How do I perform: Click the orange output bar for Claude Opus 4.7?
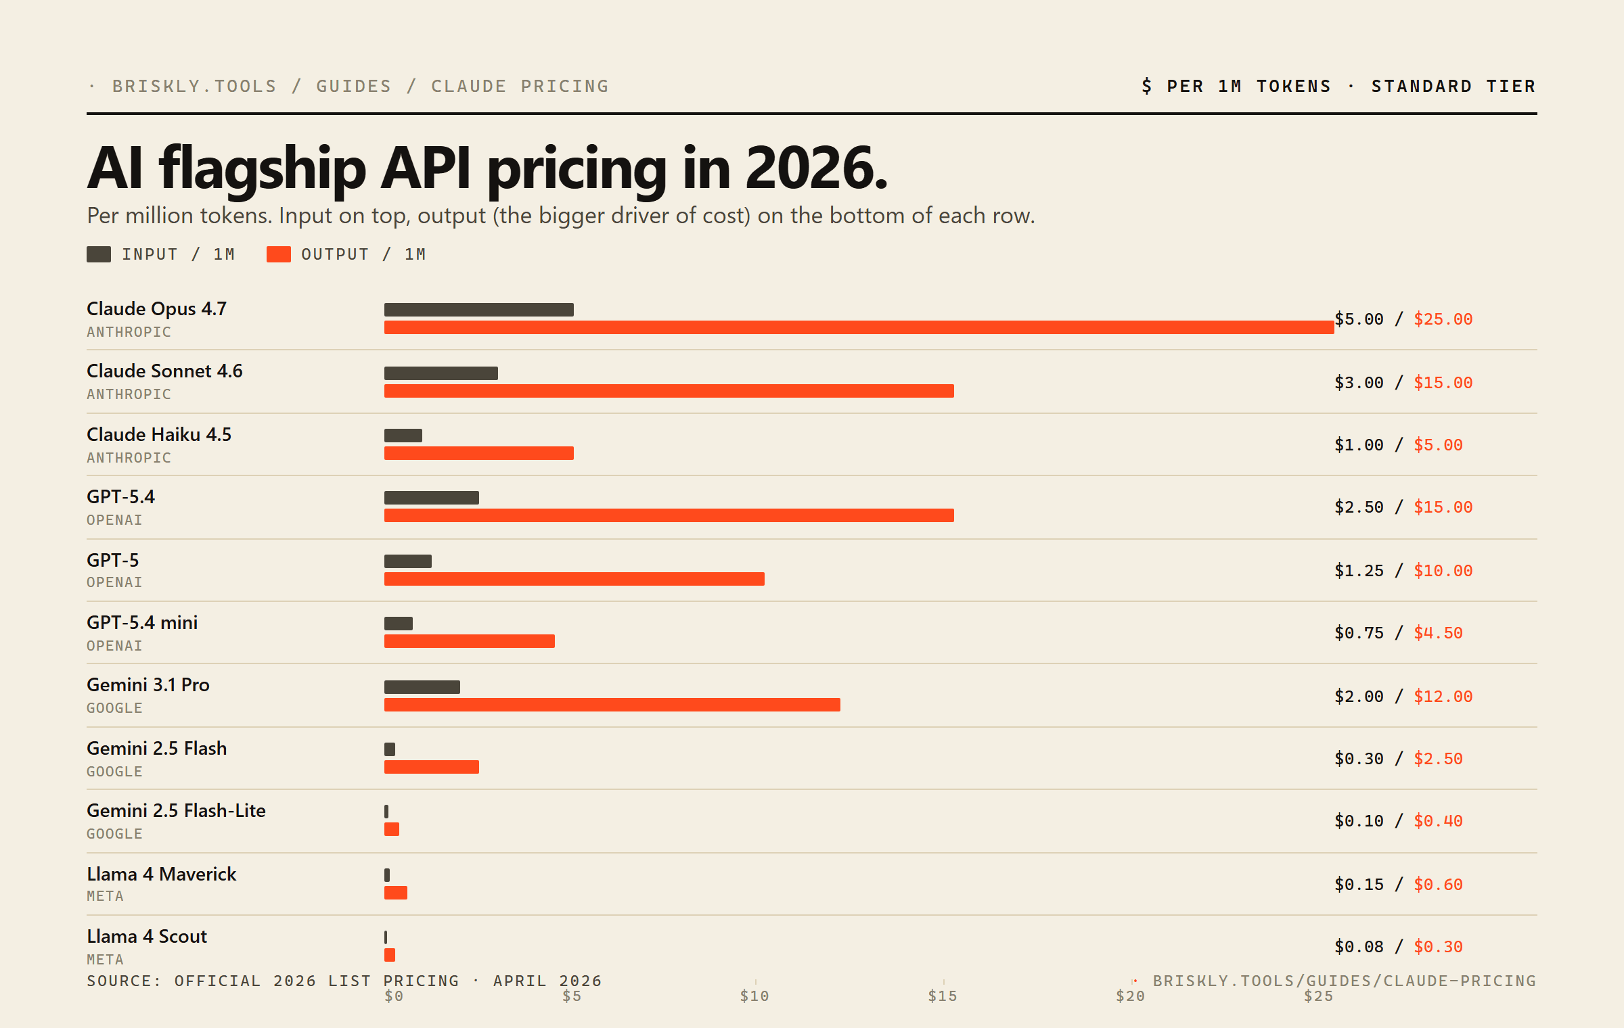859,327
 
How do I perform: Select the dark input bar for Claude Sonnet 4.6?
441,373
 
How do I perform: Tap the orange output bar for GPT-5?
574,579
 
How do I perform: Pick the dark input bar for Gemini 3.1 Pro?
422,687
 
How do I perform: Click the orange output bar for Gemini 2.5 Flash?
431,767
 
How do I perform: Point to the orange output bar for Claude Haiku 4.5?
478,453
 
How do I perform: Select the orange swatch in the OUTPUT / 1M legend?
278,254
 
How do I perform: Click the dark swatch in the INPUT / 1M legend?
99,254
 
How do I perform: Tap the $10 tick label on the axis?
754,996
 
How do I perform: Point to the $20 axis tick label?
1130,996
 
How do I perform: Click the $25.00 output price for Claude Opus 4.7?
1443,319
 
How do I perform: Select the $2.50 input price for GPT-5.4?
1359,507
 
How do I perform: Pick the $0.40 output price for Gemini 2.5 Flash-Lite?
1438,821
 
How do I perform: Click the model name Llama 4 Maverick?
161,874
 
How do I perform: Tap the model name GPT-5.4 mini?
142,622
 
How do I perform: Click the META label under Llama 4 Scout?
105,959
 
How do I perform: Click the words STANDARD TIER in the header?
1453,87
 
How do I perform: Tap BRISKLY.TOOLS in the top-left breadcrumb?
194,87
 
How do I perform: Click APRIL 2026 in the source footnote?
547,981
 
